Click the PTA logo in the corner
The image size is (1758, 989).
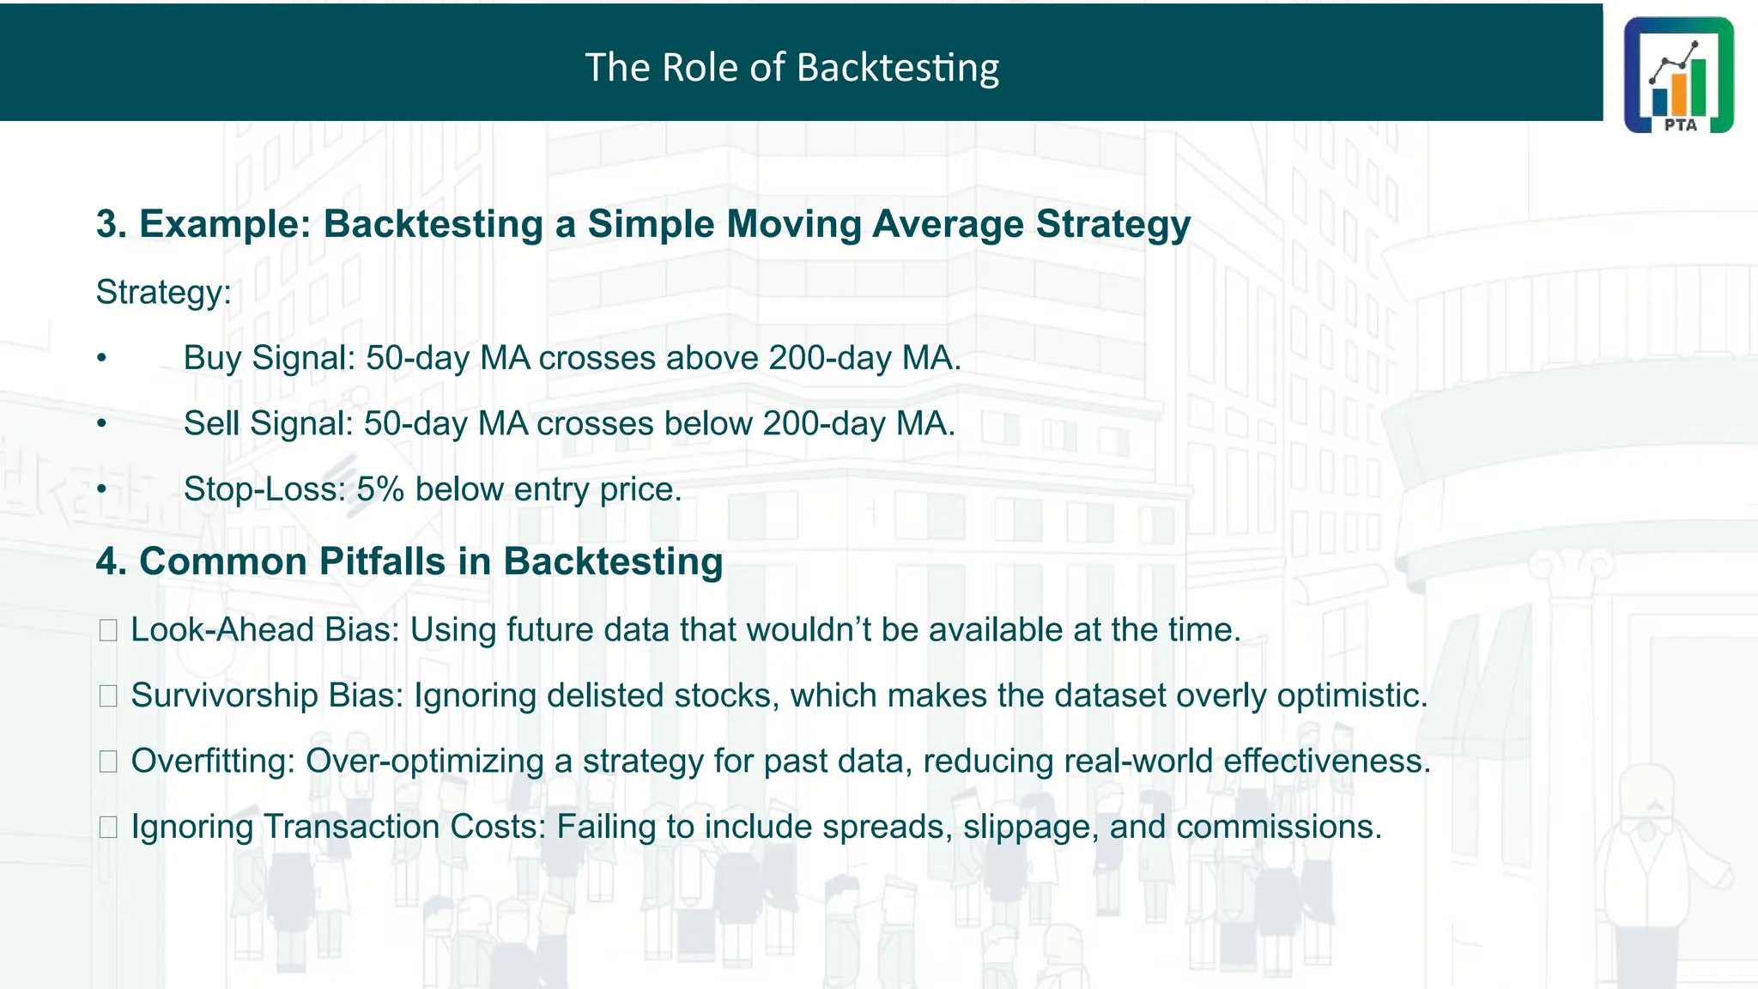tap(1678, 76)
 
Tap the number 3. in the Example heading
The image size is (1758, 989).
tap(112, 224)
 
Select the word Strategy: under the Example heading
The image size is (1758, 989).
tap(163, 293)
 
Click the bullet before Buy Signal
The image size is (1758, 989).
tap(101, 358)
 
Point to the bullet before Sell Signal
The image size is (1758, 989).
tap(101, 423)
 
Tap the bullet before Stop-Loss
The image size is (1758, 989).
tap(101, 489)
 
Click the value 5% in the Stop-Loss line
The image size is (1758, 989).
tap(379, 489)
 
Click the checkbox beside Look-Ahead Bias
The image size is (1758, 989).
tap(108, 631)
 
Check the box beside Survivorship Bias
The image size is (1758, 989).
tap(108, 696)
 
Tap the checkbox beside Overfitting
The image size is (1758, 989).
tap(108, 761)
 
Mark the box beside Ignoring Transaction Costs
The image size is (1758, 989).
tap(108, 828)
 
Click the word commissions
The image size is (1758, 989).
tap(1277, 828)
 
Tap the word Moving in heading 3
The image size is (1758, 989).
tap(793, 224)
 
